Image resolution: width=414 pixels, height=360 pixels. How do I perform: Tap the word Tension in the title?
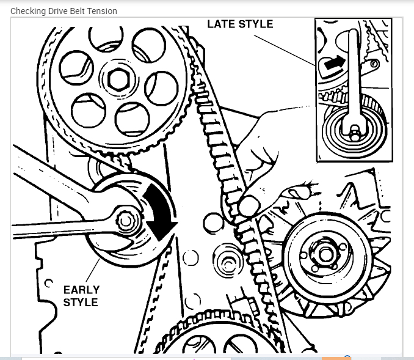click(x=103, y=11)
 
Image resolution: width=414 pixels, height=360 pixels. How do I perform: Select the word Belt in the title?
click(x=79, y=11)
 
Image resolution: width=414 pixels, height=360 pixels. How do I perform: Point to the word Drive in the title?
click(x=59, y=11)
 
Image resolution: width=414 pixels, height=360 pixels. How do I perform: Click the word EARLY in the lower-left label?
click(x=81, y=290)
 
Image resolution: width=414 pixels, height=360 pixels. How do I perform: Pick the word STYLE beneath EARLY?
click(x=81, y=303)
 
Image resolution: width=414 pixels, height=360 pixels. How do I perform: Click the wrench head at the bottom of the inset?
click(x=354, y=128)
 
